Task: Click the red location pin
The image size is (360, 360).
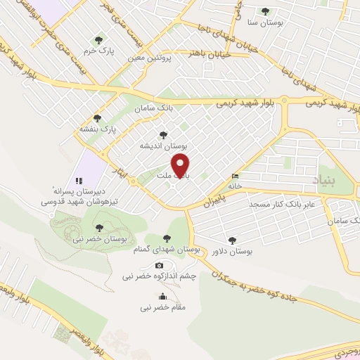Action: pyautogui.click(x=181, y=165)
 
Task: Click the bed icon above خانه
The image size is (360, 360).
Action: pyautogui.click(x=235, y=176)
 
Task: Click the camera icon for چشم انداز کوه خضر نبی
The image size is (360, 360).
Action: pyautogui.click(x=159, y=265)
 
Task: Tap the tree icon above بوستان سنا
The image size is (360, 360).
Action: pyautogui.click(x=265, y=11)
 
